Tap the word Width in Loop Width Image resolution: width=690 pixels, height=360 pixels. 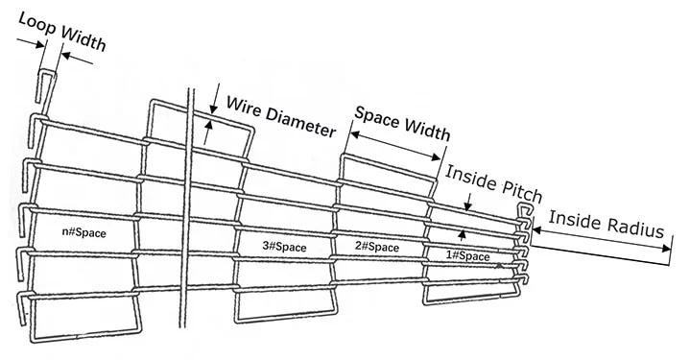84,38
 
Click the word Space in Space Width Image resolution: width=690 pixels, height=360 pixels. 378,117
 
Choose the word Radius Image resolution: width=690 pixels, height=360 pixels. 636,227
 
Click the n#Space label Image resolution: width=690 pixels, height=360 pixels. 84,232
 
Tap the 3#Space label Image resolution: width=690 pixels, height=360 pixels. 284,247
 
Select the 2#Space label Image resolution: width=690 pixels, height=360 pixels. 377,247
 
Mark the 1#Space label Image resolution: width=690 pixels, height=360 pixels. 467,255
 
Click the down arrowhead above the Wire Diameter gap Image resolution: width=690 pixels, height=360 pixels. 214,109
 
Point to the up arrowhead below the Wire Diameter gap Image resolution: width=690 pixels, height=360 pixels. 208,126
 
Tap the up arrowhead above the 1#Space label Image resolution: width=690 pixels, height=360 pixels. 462,234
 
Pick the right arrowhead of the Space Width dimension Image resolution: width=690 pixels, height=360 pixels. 436,156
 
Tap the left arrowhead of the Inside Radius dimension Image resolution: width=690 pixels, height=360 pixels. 537,229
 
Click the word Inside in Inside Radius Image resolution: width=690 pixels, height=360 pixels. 576,220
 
